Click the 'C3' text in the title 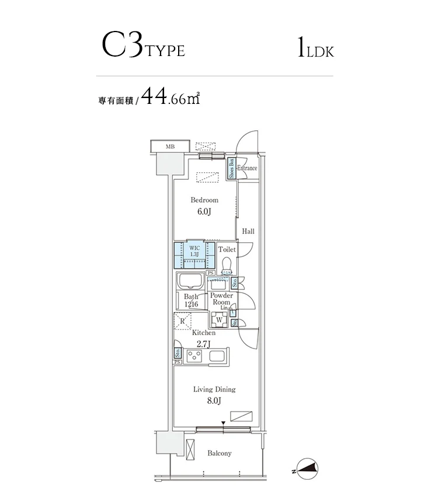pos(122,47)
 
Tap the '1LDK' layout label pos(315,48)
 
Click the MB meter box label pos(170,147)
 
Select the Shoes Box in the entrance pos(231,168)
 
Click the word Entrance pos(247,168)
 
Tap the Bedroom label pos(204,200)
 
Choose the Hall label pos(248,232)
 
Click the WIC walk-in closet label pos(194,250)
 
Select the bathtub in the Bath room pos(190,281)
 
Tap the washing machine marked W pos(219,319)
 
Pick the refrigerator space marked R pos(183,321)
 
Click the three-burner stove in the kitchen pos(193,355)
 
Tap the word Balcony pos(220,453)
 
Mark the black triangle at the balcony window pos(223,424)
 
